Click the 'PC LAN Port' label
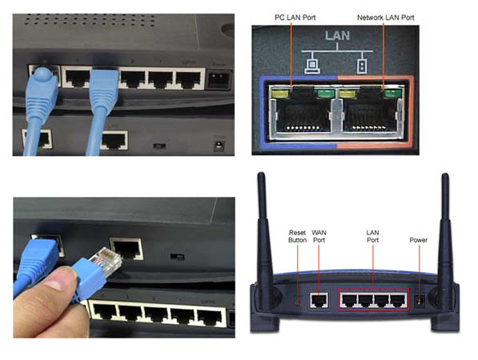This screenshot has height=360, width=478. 295,18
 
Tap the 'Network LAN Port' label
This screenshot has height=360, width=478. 386,18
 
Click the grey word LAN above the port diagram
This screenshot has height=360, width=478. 337,36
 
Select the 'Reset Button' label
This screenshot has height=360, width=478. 297,236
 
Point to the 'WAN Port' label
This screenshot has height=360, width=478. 319,236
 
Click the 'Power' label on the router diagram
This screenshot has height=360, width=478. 418,240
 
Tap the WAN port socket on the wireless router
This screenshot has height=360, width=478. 319,300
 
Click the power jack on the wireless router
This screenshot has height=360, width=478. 420,302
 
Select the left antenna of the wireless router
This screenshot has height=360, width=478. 263,238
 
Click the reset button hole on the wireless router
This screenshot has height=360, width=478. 298,302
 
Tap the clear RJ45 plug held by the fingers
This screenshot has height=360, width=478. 106,261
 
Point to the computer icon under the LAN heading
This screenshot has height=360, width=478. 312,66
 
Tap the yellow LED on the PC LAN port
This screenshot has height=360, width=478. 280,94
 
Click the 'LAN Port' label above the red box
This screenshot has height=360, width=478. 372,236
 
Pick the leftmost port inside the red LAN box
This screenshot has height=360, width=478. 348,300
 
